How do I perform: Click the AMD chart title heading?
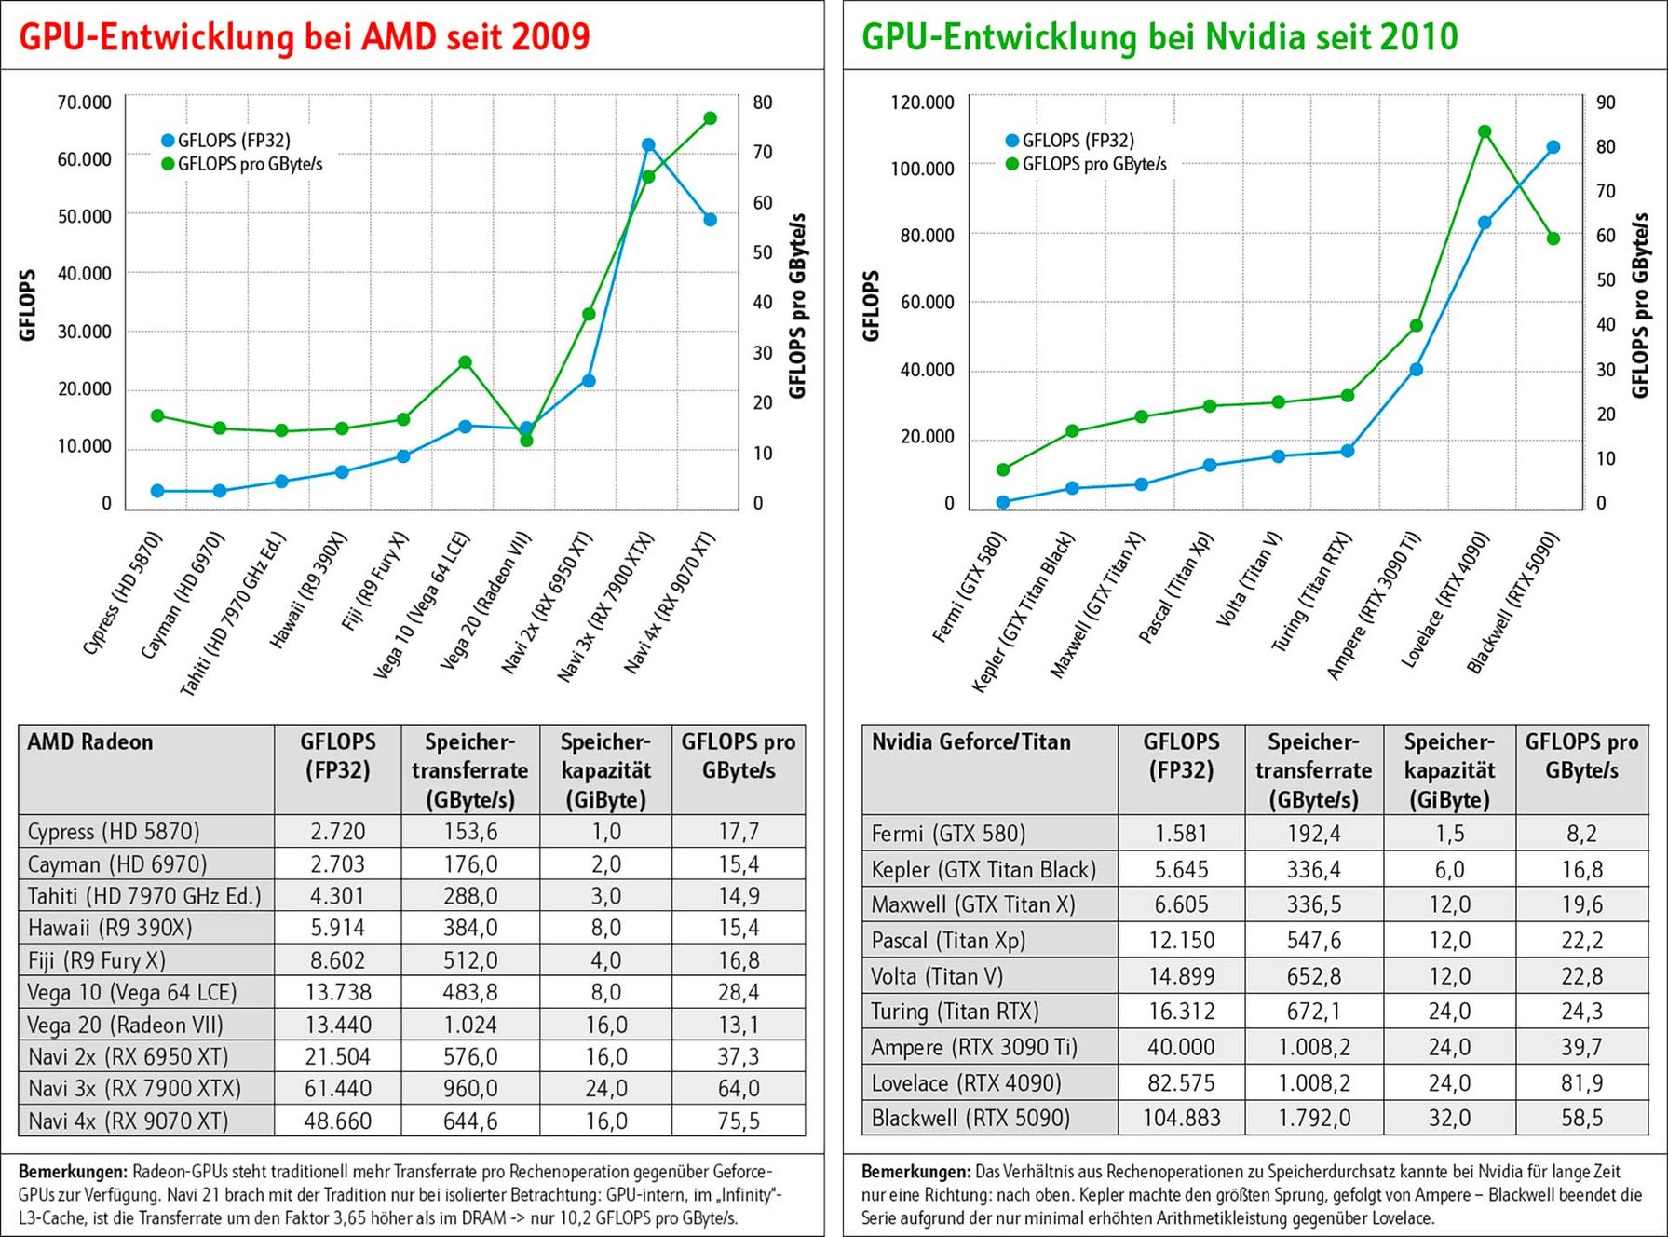click(305, 37)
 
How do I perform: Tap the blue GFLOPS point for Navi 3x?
click(648, 145)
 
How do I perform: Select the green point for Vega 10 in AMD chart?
click(465, 362)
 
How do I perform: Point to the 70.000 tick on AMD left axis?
click(84, 102)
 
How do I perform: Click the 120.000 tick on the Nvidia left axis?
click(922, 102)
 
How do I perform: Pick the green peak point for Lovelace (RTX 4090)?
click(1485, 131)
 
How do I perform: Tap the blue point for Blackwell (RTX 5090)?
click(1553, 147)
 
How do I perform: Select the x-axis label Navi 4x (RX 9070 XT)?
click(670, 602)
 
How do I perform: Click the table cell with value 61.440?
click(338, 1088)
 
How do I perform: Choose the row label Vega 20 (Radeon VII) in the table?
click(126, 1025)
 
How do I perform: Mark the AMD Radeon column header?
click(90, 742)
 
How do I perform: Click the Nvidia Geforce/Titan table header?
click(970, 742)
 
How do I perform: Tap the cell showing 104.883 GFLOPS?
click(1181, 1118)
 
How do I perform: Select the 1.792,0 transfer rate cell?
click(1313, 1118)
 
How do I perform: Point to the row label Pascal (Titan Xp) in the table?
click(948, 941)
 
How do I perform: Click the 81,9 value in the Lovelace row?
click(1581, 1083)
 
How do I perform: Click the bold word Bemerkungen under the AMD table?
click(73, 1172)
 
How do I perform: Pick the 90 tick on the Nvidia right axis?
click(1606, 102)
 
